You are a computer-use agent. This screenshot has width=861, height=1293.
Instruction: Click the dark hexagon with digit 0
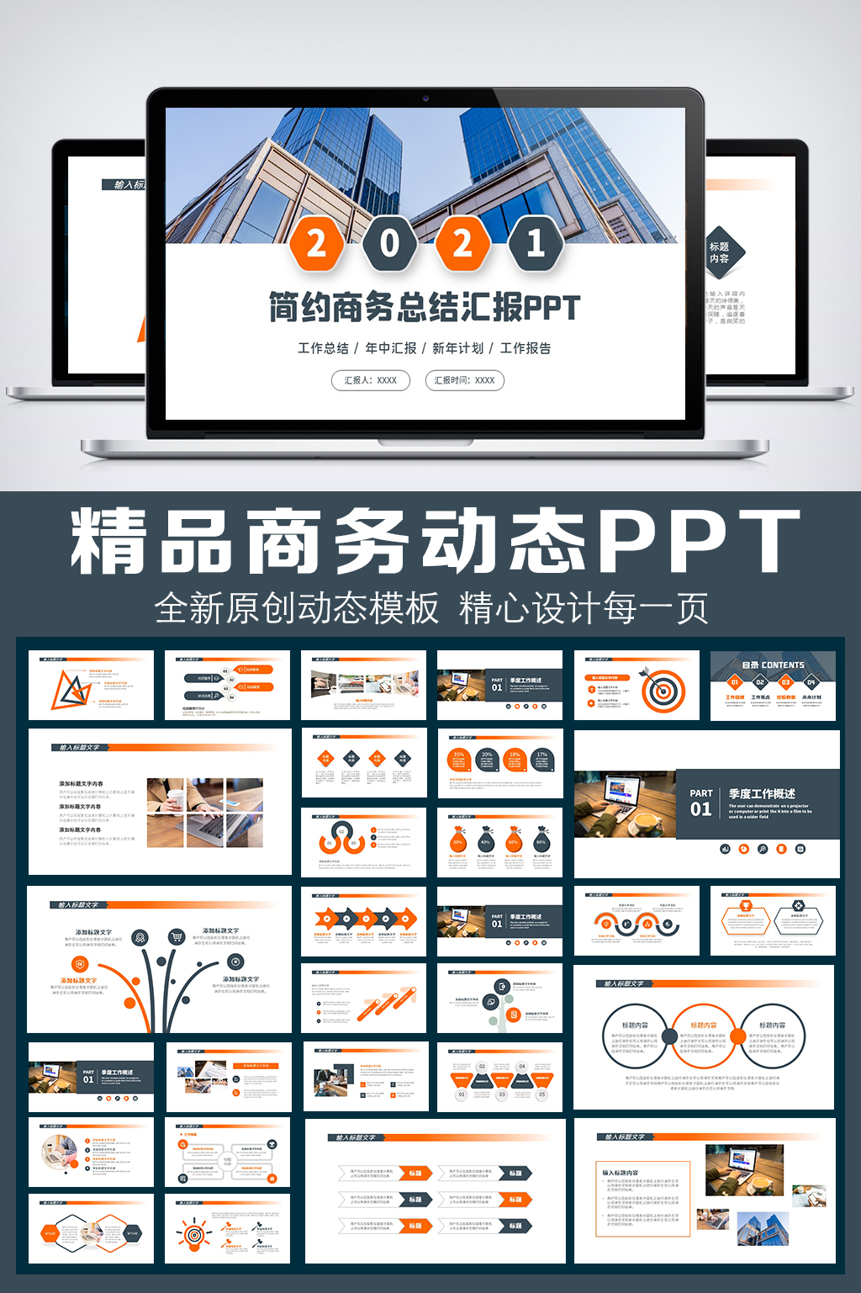(x=389, y=243)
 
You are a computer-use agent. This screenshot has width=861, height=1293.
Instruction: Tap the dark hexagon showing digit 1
(x=535, y=243)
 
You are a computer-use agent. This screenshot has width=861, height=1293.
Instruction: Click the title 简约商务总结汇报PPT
(x=425, y=308)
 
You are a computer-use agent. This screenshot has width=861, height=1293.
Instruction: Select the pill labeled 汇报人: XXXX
(x=370, y=380)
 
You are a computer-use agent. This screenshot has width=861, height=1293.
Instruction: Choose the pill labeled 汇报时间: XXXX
(x=464, y=380)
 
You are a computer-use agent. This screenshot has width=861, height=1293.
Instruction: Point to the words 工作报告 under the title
(x=526, y=348)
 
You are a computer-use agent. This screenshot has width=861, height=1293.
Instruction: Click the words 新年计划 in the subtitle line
(x=457, y=348)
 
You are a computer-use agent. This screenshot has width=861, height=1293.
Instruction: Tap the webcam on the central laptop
(x=425, y=98)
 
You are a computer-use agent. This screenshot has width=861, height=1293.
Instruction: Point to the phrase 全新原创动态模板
(x=297, y=608)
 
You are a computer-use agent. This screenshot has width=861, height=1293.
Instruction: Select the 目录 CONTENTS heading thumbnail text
(x=773, y=665)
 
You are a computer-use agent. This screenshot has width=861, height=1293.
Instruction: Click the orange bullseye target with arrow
(x=663, y=691)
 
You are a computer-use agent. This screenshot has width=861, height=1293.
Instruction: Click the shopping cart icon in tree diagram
(x=177, y=937)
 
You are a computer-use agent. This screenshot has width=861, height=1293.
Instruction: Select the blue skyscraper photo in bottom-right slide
(x=763, y=1227)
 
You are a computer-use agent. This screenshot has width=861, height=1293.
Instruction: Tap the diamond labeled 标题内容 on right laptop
(x=722, y=252)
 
